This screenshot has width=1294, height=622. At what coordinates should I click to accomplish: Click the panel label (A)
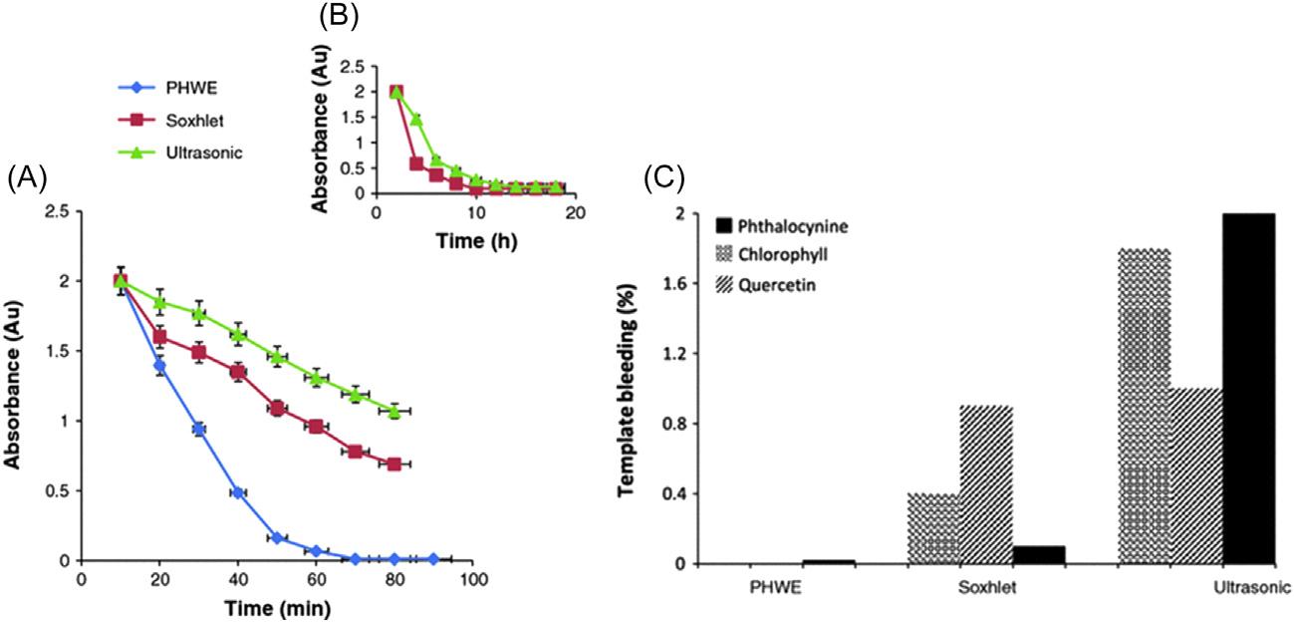(x=25, y=179)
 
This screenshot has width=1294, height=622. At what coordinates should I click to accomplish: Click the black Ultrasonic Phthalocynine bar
(x=1249, y=388)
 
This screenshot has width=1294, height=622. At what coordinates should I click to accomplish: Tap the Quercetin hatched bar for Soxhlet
(x=986, y=484)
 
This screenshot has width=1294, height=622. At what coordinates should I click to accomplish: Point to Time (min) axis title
(x=278, y=605)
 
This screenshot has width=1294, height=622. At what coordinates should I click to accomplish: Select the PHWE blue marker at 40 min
(x=238, y=492)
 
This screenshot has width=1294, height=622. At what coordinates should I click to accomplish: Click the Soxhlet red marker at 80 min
(x=394, y=465)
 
